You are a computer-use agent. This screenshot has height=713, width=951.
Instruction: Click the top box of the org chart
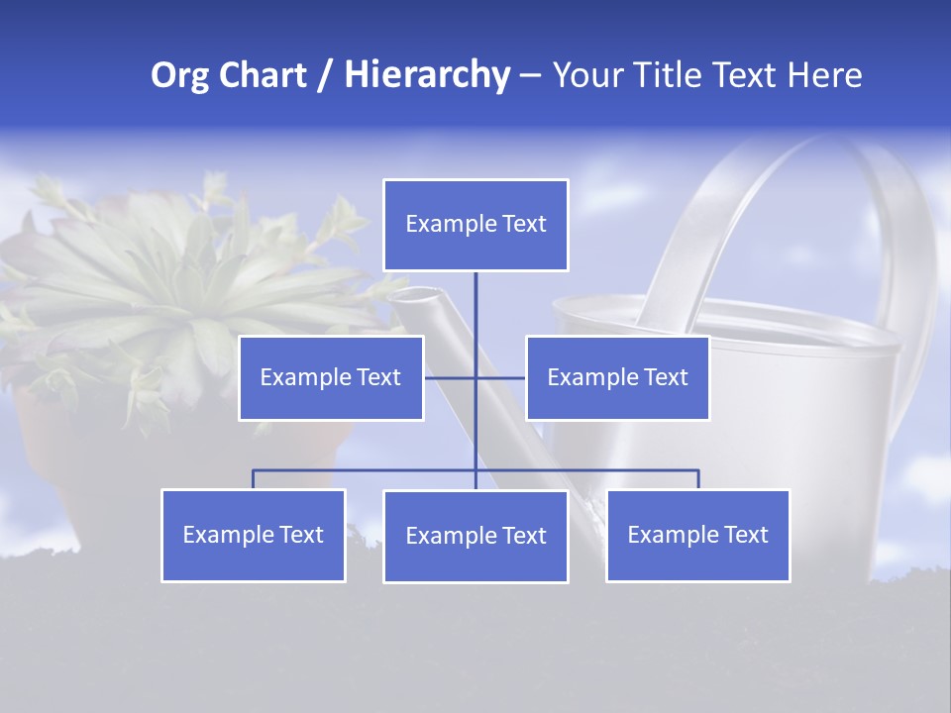tap(475, 225)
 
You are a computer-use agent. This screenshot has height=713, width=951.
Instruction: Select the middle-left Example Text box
tap(331, 377)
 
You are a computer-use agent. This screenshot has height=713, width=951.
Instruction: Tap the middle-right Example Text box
tap(617, 377)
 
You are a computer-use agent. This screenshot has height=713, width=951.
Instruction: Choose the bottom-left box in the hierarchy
tap(253, 535)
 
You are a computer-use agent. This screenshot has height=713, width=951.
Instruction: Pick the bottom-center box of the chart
tap(475, 536)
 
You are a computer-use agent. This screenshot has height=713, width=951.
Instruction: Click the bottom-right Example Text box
tap(697, 535)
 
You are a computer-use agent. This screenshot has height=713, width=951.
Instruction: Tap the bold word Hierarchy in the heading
tap(427, 75)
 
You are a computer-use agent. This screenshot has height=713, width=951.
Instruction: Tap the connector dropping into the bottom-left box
tap(253, 478)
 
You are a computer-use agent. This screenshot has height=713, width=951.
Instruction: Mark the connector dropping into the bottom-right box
tap(698, 478)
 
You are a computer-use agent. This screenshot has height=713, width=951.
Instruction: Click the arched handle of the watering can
tap(753, 198)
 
